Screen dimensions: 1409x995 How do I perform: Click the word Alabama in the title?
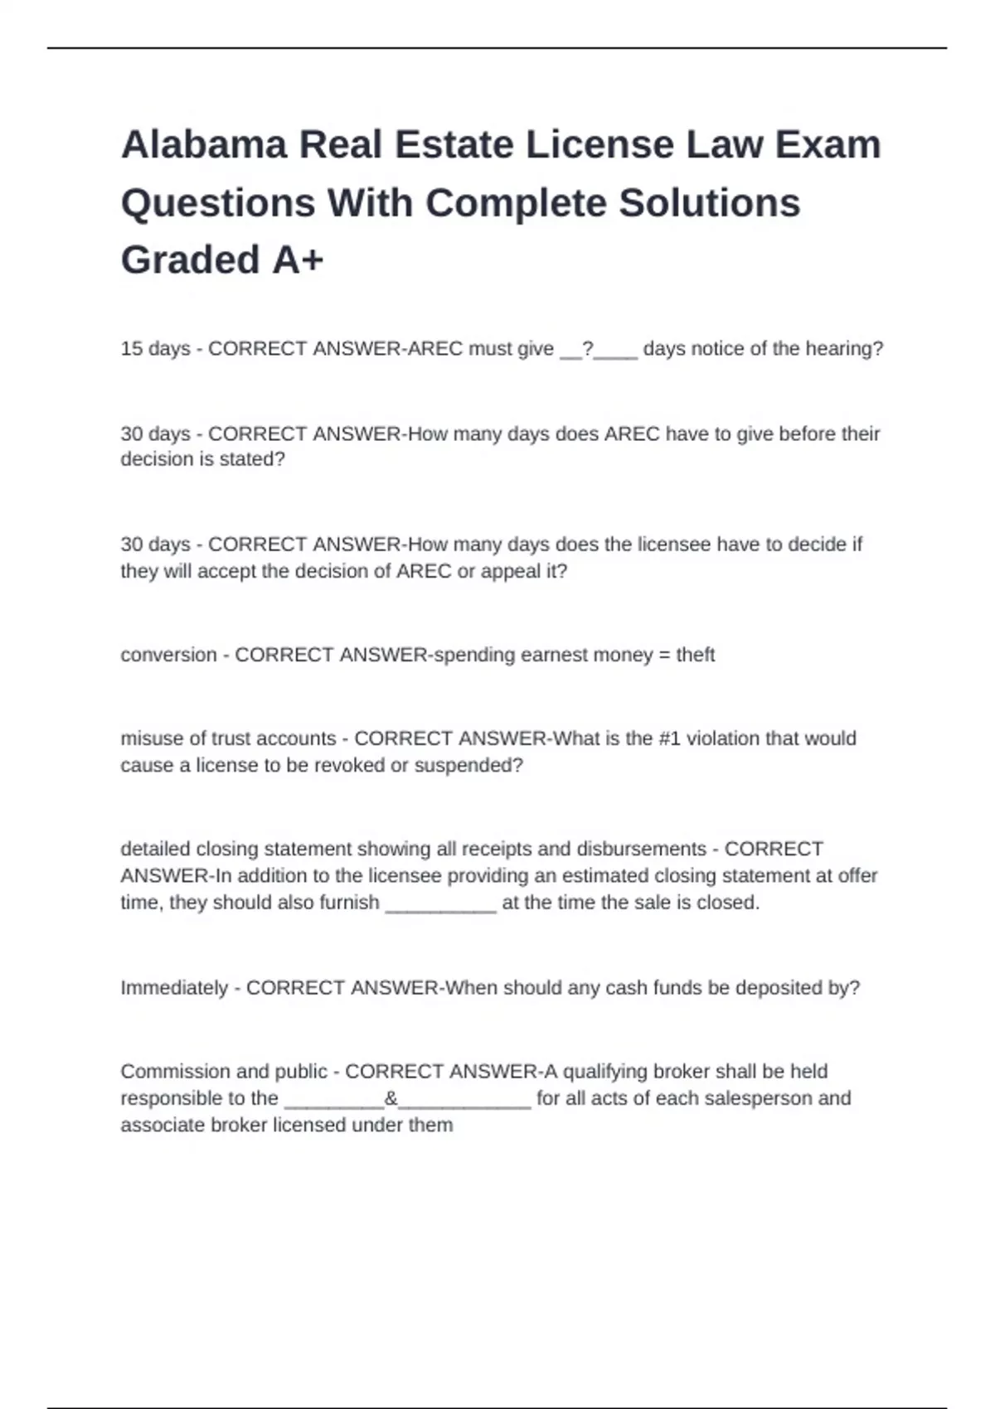pyautogui.click(x=203, y=145)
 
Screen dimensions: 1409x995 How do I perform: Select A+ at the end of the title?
pyautogui.click(x=298, y=260)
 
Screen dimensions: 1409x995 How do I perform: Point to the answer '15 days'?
pyautogui.click(x=155, y=349)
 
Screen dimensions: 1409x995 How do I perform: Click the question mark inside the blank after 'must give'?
pyautogui.click(x=588, y=349)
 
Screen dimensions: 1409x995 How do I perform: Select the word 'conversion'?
pyautogui.click(x=168, y=655)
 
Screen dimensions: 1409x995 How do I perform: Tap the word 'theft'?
pyautogui.click(x=695, y=655)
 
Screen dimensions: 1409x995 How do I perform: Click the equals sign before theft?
pyautogui.click(x=664, y=655)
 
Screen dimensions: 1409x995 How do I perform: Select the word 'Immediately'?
pyautogui.click(x=174, y=988)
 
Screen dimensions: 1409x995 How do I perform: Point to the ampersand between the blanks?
pyautogui.click(x=391, y=1098)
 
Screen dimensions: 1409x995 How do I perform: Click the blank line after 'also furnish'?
pyautogui.click(x=441, y=903)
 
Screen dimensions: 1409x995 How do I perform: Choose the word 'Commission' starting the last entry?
pyautogui.click(x=171, y=1072)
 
